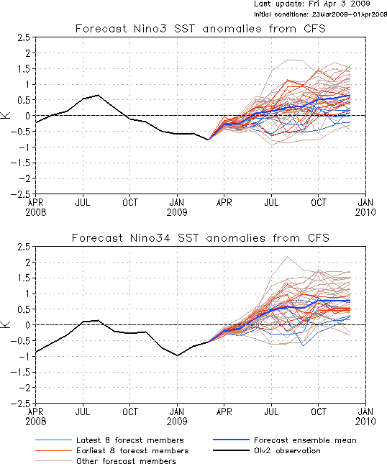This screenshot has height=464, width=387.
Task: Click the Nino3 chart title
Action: pos(201,29)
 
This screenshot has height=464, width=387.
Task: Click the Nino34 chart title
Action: pos(201,238)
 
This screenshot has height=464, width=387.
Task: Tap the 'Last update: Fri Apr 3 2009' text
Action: pos(312,4)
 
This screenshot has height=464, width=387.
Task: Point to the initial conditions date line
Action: pos(320,14)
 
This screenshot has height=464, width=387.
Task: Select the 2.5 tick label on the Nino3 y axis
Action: pos(24,37)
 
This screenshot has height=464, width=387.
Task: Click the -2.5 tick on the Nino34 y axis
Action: pos(21,404)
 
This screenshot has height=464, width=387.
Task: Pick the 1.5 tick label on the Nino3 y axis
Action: pos(24,69)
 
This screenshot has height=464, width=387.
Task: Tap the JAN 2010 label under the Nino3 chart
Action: pos(365,207)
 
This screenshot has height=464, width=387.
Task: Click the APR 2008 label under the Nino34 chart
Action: pos(36,417)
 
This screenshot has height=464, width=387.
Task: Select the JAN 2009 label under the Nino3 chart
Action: pos(177,207)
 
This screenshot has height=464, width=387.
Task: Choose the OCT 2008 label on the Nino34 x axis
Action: pos(130,411)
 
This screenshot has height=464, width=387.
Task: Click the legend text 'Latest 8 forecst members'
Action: pos(130,440)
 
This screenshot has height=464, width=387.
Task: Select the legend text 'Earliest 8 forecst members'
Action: pos(132,450)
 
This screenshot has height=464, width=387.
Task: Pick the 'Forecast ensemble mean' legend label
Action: pos(305,440)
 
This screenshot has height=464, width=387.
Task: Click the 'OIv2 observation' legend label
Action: pos(287,450)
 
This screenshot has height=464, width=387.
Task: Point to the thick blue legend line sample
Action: pos(231,440)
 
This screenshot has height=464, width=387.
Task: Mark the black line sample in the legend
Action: pos(231,450)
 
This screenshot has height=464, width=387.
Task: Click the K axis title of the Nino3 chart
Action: pos(6,115)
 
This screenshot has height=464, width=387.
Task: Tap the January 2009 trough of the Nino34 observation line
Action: pos(177,355)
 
